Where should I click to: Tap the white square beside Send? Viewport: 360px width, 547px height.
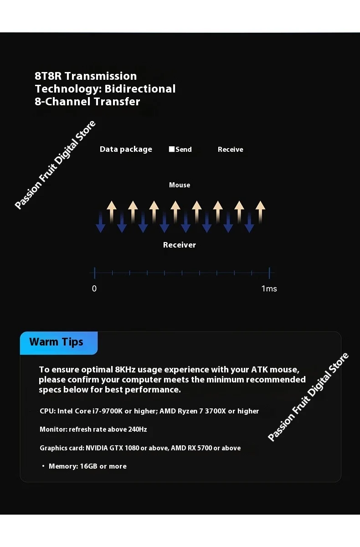point(172,149)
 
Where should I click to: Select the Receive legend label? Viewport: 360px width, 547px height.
point(230,150)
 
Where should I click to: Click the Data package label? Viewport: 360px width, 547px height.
point(126,149)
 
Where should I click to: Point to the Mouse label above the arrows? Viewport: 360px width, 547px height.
point(180,185)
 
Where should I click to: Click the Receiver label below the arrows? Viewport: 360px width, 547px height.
point(180,245)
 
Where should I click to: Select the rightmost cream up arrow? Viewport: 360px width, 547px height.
point(260,211)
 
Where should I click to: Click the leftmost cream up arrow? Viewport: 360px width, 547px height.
point(111,211)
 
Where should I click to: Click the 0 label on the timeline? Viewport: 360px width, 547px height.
point(94,289)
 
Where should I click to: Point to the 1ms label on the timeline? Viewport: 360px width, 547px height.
point(269,289)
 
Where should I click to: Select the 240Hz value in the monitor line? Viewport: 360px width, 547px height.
point(137,429)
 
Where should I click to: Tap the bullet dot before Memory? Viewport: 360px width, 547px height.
point(43,466)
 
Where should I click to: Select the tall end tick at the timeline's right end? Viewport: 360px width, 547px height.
point(269,273)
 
